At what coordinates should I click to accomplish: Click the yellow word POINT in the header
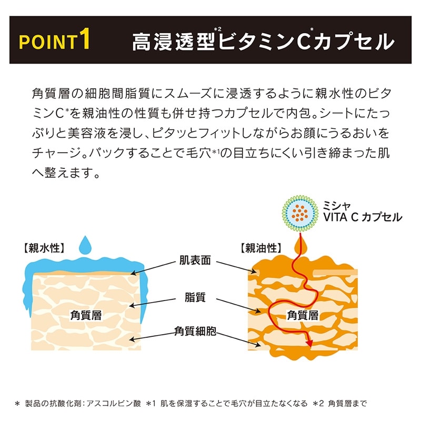pyautogui.click(x=47, y=42)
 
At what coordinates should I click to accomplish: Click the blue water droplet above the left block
pyautogui.click(x=85, y=245)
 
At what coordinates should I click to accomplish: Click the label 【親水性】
pyautogui.click(x=44, y=248)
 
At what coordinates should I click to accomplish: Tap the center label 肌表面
pyautogui.click(x=195, y=260)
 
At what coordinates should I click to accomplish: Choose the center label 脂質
pyautogui.click(x=195, y=297)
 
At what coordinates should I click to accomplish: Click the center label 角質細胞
pyautogui.click(x=195, y=331)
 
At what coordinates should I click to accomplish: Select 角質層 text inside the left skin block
pyautogui.click(x=86, y=315)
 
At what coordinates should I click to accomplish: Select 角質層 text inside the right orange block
pyautogui.click(x=303, y=315)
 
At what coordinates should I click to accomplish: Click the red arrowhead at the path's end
pyautogui.click(x=310, y=343)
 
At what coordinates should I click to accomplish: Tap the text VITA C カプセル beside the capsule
pyautogui.click(x=363, y=217)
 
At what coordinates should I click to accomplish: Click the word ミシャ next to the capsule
pyautogui.click(x=337, y=206)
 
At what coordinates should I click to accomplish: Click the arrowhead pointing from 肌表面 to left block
pyautogui.click(x=133, y=273)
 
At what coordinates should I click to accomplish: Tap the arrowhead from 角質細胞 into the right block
pyautogui.click(x=258, y=345)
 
